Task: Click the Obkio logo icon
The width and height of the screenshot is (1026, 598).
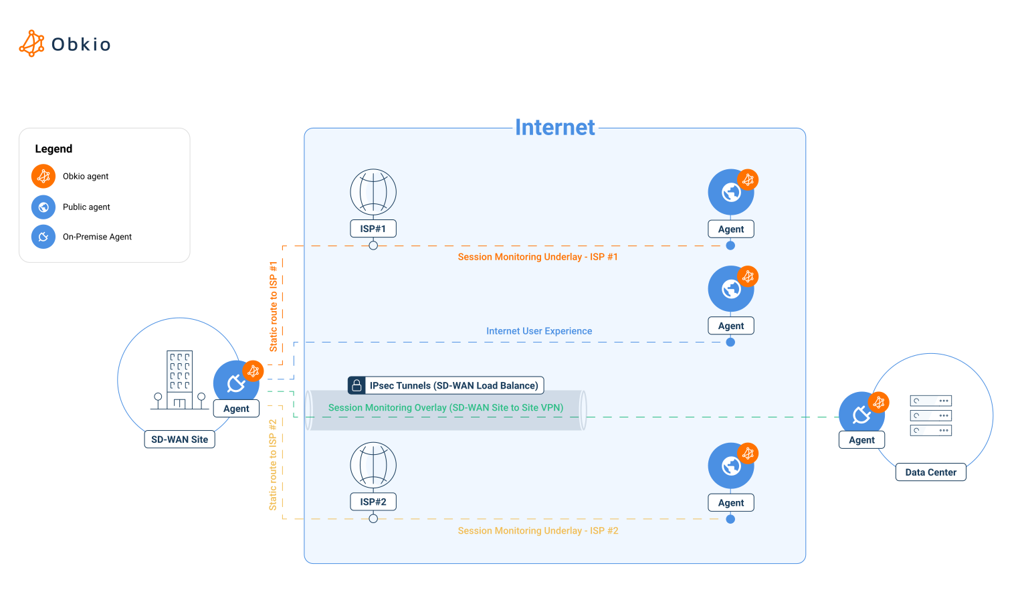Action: (x=31, y=43)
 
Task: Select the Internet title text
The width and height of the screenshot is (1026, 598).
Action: (x=554, y=127)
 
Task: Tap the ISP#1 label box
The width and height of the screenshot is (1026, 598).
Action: (x=373, y=229)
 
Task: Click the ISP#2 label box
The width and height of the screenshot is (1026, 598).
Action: (x=373, y=502)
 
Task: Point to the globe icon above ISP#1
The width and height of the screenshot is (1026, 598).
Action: (x=373, y=192)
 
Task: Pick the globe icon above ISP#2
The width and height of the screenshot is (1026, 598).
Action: (x=373, y=465)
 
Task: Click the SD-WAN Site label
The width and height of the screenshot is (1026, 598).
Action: (x=179, y=439)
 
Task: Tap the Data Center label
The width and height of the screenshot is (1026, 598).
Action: (x=930, y=472)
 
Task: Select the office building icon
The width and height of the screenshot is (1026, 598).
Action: (x=179, y=379)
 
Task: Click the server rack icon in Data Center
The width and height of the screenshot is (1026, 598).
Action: (x=930, y=415)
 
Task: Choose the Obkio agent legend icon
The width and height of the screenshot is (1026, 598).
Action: (x=43, y=176)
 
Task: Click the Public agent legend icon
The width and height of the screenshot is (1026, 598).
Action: (x=43, y=207)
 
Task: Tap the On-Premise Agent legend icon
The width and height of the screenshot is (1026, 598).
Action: (x=43, y=236)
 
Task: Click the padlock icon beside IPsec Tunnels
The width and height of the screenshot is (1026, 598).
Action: (x=357, y=385)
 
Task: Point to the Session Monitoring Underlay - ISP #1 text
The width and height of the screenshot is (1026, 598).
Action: (x=538, y=257)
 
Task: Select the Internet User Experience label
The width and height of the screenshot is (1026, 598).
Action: (x=539, y=331)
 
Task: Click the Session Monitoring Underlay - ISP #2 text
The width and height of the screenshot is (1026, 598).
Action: (x=538, y=530)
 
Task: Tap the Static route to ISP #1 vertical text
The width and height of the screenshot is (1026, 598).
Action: (x=273, y=306)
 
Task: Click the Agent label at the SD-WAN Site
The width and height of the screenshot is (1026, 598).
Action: (x=236, y=409)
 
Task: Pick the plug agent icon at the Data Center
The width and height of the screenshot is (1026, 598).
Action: (x=861, y=414)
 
